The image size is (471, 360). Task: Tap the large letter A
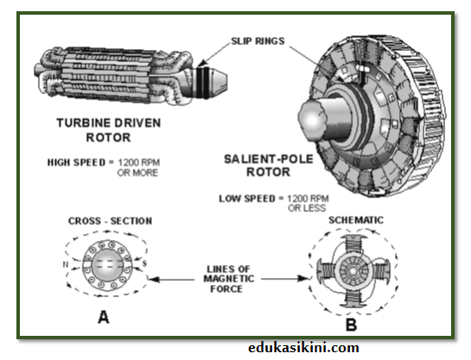(x=103, y=316)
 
